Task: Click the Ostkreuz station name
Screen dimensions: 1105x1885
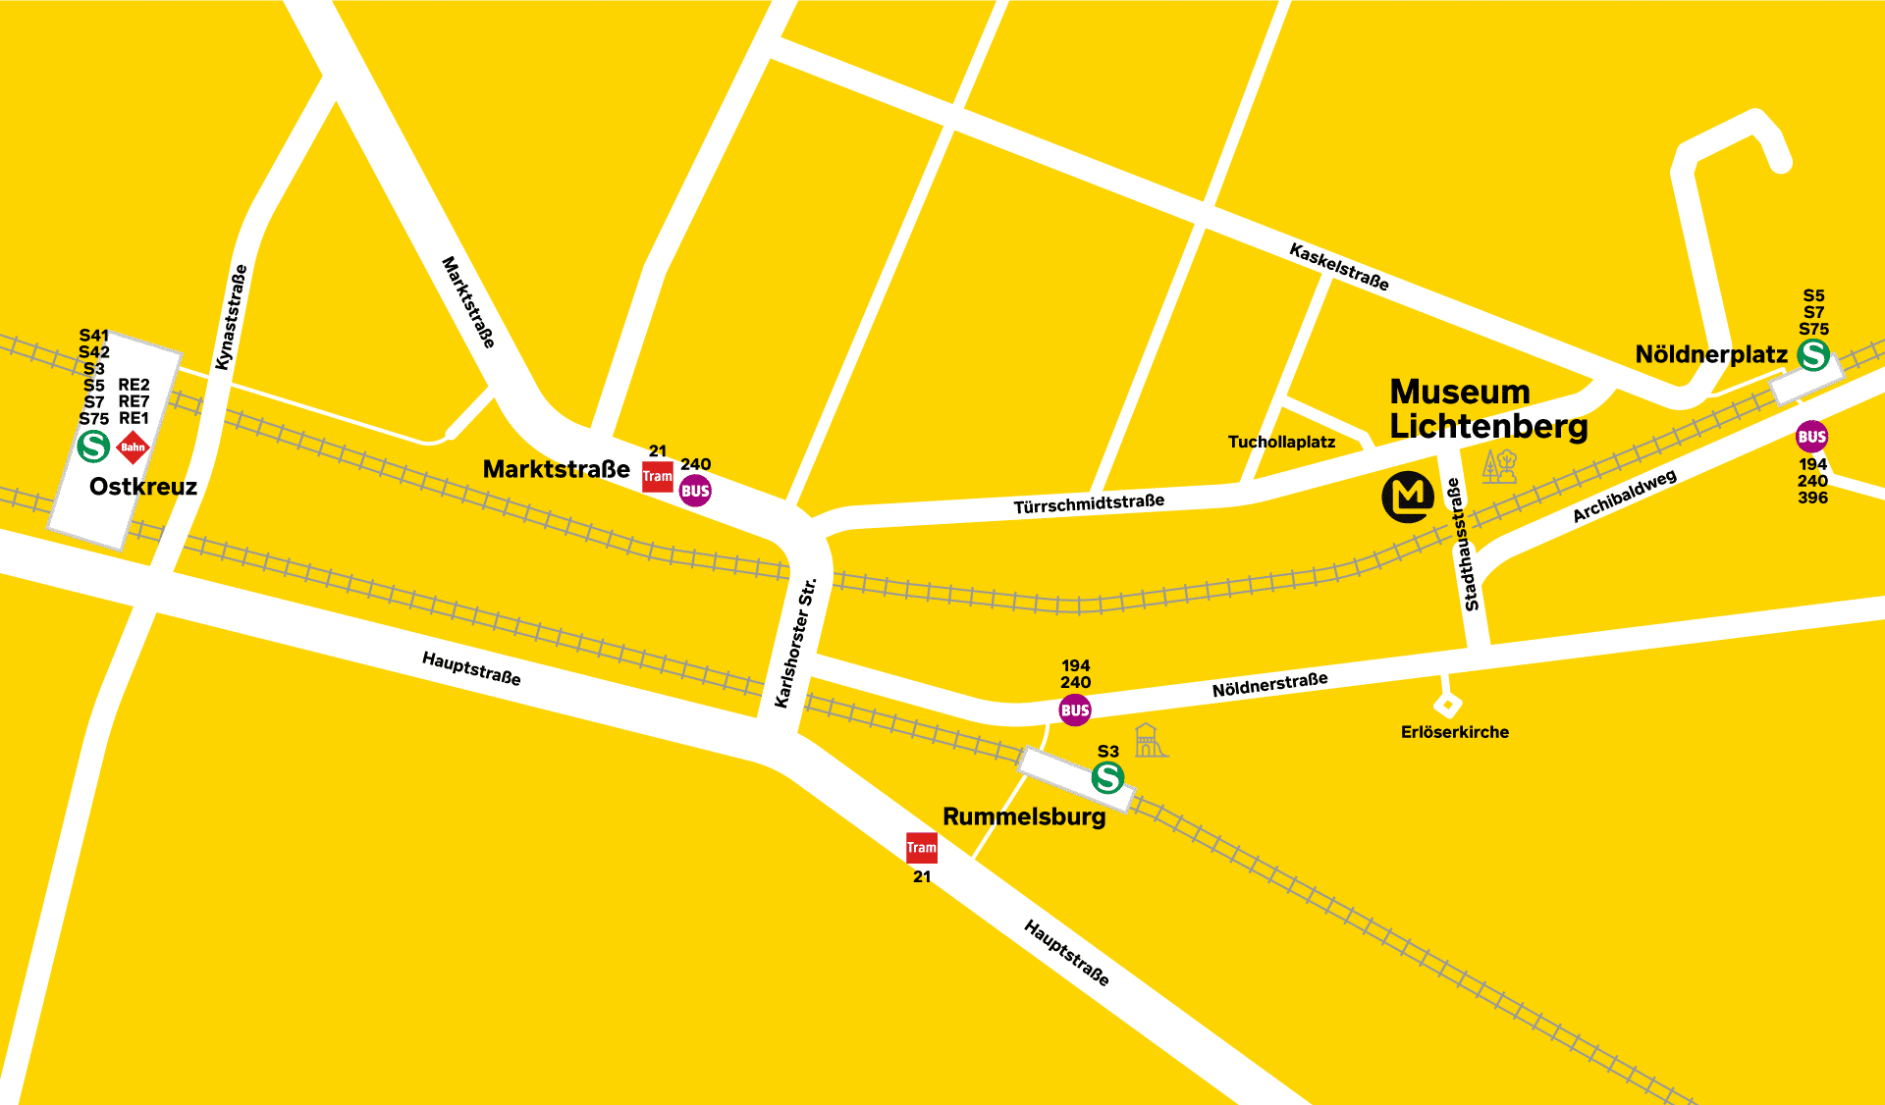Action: point(143,487)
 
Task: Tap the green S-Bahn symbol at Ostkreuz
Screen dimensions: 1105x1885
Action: point(93,447)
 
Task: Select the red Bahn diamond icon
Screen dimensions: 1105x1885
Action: point(133,447)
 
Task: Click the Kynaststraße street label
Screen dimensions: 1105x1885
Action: point(232,317)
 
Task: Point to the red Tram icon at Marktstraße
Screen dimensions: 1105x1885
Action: point(658,477)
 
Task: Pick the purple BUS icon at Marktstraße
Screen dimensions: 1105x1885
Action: point(695,491)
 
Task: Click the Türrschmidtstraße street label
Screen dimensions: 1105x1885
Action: point(1089,503)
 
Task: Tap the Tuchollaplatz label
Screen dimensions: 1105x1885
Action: point(1281,442)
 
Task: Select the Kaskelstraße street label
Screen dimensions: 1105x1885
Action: point(1339,267)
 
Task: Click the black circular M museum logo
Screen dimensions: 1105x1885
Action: point(1408,497)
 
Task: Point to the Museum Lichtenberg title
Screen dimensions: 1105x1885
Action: point(1487,409)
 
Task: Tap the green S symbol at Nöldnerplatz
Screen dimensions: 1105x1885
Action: point(1813,355)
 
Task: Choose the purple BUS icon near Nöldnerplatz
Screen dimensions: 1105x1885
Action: point(1811,437)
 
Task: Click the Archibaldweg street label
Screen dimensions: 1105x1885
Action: point(1624,497)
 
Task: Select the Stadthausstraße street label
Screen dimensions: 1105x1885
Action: point(1462,544)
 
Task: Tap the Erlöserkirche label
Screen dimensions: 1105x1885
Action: point(1454,732)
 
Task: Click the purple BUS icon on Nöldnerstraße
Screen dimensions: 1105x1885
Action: point(1075,710)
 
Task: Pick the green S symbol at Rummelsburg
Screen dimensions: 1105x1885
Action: point(1108,778)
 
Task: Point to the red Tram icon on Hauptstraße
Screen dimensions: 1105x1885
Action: point(921,847)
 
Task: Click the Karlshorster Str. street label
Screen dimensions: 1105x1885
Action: point(795,643)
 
